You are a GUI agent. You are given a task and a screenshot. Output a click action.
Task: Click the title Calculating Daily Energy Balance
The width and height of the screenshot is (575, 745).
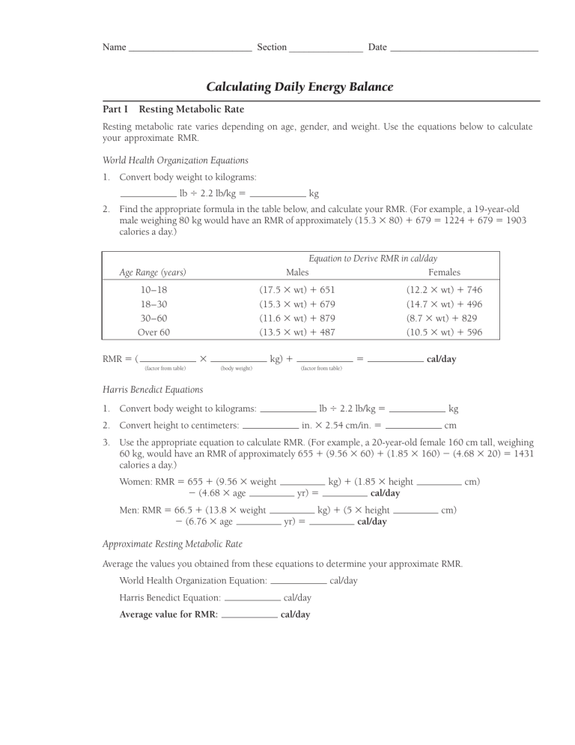point(299,87)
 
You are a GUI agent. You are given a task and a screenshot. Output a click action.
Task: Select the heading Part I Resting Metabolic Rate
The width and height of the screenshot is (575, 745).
point(173,109)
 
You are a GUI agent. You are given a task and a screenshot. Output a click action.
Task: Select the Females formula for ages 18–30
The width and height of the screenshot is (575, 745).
point(444,304)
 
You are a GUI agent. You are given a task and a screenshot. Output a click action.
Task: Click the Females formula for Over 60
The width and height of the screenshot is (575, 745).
point(444,332)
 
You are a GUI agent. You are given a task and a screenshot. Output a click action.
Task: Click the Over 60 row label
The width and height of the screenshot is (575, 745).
point(153,332)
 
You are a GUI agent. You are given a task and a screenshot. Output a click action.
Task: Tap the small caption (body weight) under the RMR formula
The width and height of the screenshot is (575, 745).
point(237,368)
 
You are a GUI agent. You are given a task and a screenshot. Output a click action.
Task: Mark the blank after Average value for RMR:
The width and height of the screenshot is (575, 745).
point(249,615)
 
